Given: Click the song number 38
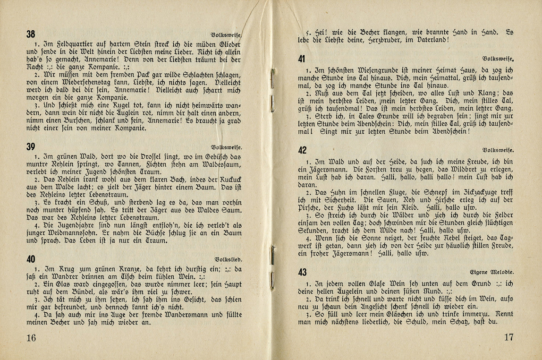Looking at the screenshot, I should [x=31, y=34].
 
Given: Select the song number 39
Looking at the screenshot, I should [x=31, y=147].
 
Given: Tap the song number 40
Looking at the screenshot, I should [x=31, y=259].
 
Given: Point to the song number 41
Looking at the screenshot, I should [x=302, y=60].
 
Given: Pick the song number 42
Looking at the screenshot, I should [x=303, y=150].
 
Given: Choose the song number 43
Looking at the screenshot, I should [x=303, y=272].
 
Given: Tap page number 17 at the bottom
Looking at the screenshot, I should [x=508, y=337].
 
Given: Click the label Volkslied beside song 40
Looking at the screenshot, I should [x=229, y=259].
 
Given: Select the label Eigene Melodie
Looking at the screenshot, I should [x=491, y=272].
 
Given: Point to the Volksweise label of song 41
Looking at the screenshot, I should [x=498, y=59].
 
